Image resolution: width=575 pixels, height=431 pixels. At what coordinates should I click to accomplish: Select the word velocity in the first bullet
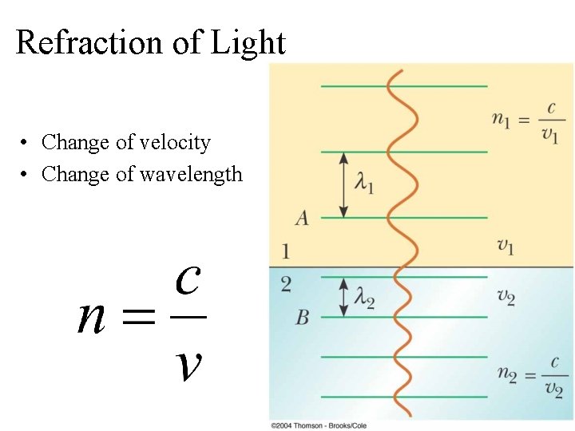[x=175, y=142]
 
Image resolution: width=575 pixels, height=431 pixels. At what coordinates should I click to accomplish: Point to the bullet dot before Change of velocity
[x=26, y=143]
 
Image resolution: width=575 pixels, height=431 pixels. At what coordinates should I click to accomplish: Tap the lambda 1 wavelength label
[x=364, y=184]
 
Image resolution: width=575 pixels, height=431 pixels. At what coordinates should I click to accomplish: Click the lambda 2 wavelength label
[x=364, y=300]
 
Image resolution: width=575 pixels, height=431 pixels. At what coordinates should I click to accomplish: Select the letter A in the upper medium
[x=301, y=217]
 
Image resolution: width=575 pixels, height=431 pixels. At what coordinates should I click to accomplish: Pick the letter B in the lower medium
[x=302, y=318]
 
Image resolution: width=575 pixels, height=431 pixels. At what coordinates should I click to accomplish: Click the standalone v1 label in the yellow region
[x=506, y=245]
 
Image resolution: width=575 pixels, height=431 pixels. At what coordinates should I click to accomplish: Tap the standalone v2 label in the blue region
[x=506, y=297]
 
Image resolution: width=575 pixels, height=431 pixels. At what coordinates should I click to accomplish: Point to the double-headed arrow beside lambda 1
[x=343, y=184]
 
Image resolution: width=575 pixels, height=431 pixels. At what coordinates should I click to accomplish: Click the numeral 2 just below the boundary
[x=286, y=284]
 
